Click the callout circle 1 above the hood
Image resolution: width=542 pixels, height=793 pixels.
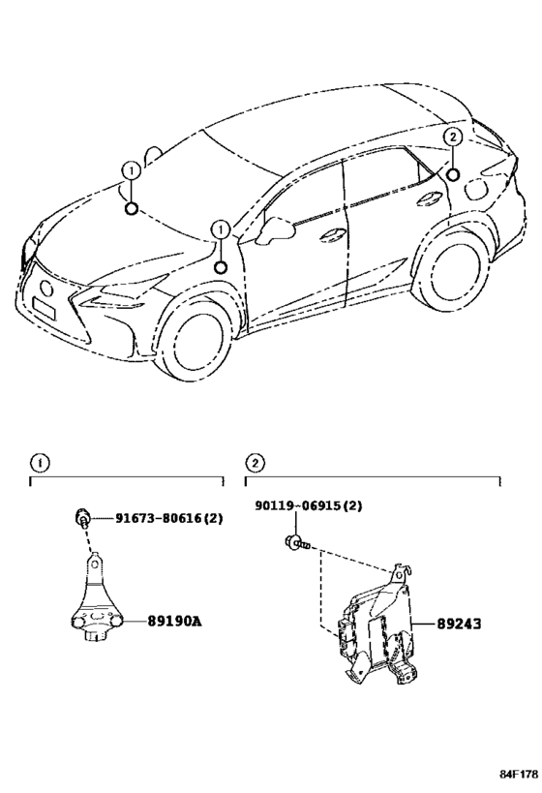(130, 170)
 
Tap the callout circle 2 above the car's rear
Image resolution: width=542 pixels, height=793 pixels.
(452, 137)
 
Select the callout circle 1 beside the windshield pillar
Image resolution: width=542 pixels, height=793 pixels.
(221, 229)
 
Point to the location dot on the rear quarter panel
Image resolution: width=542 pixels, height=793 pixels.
(452, 174)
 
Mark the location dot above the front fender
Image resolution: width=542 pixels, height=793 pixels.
(221, 267)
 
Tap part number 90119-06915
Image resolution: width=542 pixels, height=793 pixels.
(310, 506)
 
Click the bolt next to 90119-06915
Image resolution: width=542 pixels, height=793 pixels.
(292, 543)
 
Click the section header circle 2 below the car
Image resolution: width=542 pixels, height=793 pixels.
(254, 463)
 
